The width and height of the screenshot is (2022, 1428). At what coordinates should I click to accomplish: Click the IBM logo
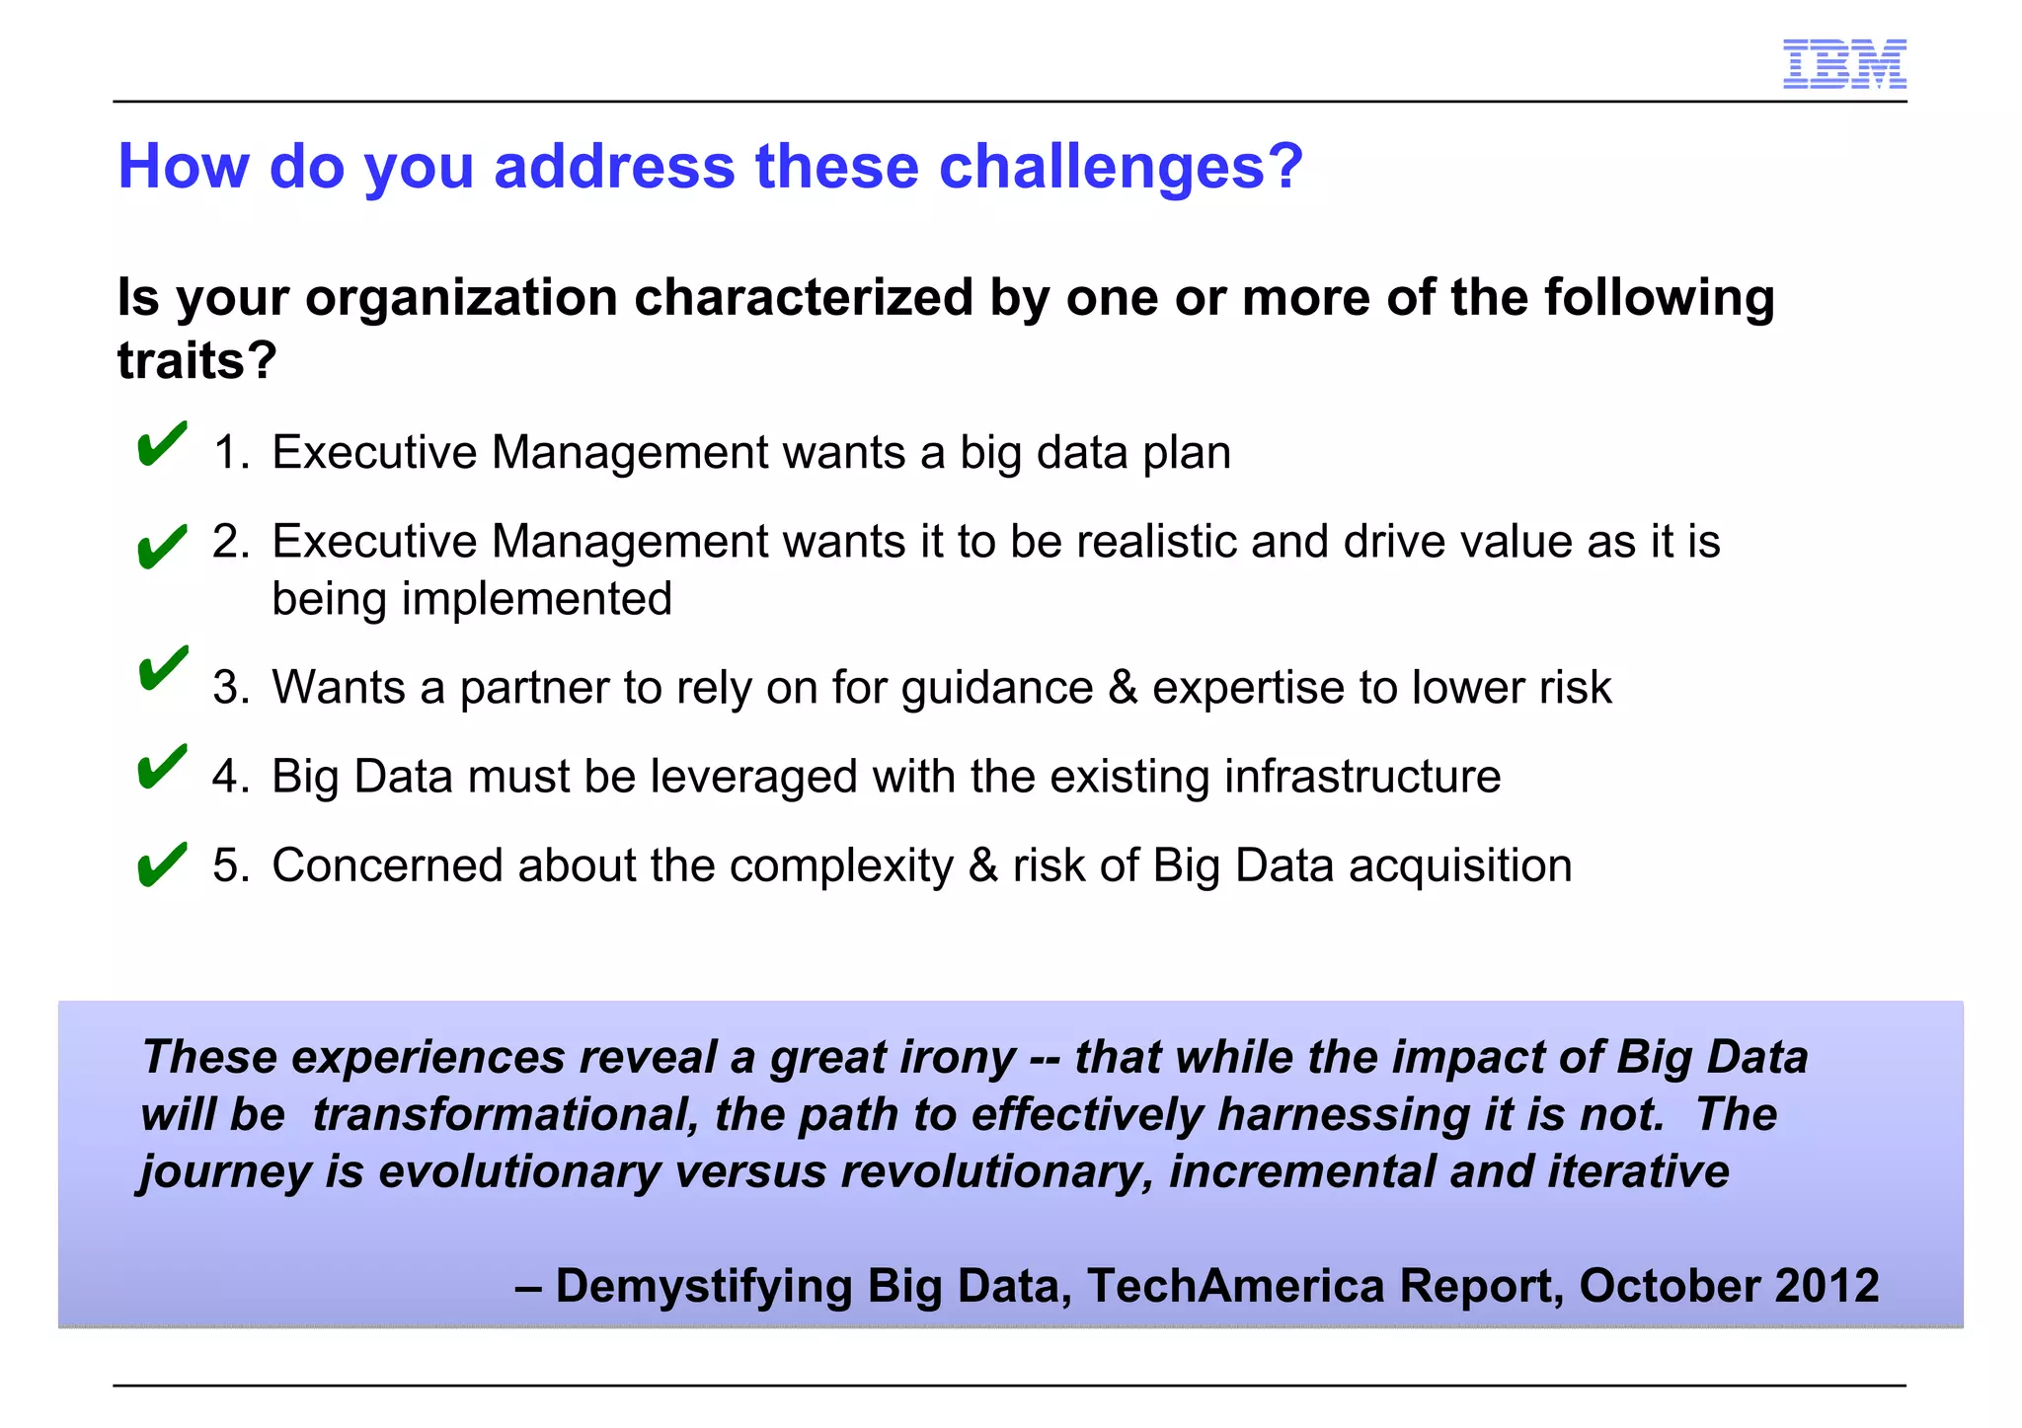(x=1843, y=65)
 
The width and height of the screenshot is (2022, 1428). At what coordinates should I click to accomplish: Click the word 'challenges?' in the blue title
(x=1121, y=166)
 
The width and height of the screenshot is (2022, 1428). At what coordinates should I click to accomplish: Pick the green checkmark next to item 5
(x=162, y=864)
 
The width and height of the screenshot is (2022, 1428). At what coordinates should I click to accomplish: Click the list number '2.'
(x=232, y=542)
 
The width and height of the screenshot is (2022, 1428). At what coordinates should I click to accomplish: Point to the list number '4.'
(x=232, y=777)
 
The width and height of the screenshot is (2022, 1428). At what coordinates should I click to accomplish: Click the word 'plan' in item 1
(x=1187, y=453)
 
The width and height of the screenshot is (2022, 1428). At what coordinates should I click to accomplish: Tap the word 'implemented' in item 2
(x=536, y=599)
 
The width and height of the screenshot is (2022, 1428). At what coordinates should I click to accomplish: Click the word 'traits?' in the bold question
(x=196, y=360)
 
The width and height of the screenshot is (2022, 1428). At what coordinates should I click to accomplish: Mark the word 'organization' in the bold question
(x=461, y=298)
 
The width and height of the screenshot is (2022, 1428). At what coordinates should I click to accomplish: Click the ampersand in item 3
(x=1123, y=688)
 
